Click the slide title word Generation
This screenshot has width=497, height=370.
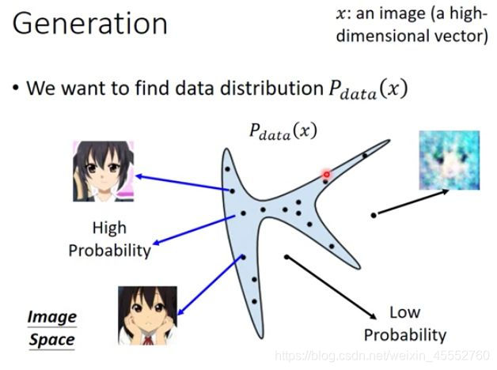pyautogui.click(x=90, y=24)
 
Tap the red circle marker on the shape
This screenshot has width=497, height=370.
pyautogui.click(x=324, y=173)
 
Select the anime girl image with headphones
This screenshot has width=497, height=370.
pyautogui.click(x=103, y=171)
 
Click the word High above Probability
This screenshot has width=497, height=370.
pyautogui.click(x=108, y=228)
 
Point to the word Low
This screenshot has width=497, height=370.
pyautogui.click(x=405, y=311)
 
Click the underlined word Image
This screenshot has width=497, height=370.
pyautogui.click(x=51, y=318)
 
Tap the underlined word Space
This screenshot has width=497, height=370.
pyautogui.click(x=52, y=341)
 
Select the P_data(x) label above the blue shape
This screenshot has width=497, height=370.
pyautogui.click(x=283, y=130)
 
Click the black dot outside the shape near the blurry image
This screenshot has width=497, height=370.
pyautogui.click(x=374, y=214)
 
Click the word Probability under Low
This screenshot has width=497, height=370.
pyautogui.click(x=405, y=334)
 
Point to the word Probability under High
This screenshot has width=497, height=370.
pyautogui.click(x=109, y=251)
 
